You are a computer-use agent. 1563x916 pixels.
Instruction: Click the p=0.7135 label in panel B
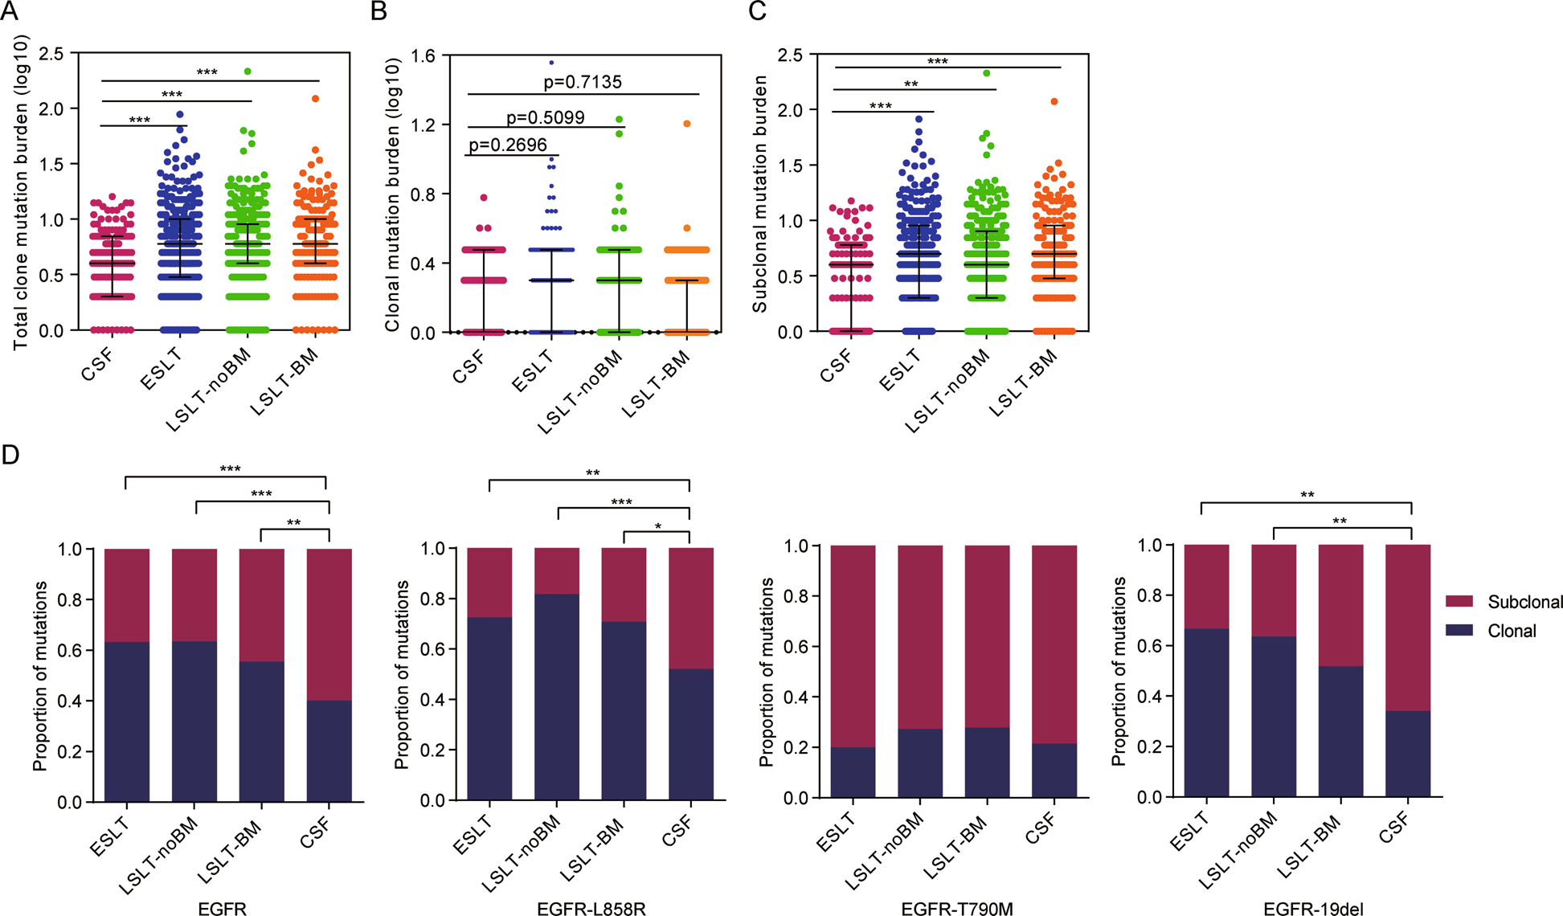pyautogui.click(x=583, y=82)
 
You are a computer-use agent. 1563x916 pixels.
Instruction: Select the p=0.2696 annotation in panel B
pyautogui.click(x=508, y=145)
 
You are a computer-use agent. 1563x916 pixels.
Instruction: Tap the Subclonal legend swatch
pyautogui.click(x=1459, y=601)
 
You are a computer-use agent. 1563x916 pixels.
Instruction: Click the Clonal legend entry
pyautogui.click(x=1511, y=631)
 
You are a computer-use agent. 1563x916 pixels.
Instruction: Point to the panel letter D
pyautogui.click(x=10, y=456)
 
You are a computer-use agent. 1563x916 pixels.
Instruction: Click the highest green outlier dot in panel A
pyautogui.click(x=248, y=72)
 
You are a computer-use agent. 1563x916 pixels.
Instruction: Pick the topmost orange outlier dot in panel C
pyautogui.click(x=1054, y=101)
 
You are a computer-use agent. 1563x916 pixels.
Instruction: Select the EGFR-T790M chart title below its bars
pyautogui.click(x=957, y=909)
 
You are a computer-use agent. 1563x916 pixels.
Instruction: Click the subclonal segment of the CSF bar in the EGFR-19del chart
pyautogui.click(x=1408, y=627)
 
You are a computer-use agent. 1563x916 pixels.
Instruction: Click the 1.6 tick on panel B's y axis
pyautogui.click(x=423, y=55)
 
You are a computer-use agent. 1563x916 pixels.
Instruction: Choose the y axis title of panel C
pyautogui.click(x=759, y=193)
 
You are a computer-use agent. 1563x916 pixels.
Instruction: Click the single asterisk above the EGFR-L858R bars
pyautogui.click(x=658, y=527)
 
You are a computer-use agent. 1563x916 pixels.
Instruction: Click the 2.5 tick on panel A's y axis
pyautogui.click(x=51, y=54)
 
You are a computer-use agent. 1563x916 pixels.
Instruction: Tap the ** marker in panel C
pyautogui.click(x=910, y=84)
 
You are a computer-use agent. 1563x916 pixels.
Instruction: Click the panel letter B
pyautogui.click(x=378, y=11)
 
